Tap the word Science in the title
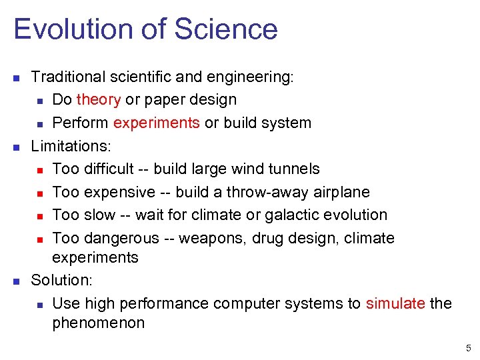(226, 30)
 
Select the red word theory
(98, 100)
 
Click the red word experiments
(156, 123)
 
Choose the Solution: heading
(62, 280)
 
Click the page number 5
(468, 348)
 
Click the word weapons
(219, 238)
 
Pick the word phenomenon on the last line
(98, 323)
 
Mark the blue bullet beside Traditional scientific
(17, 78)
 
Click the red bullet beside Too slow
(40, 216)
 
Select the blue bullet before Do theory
(40, 101)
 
